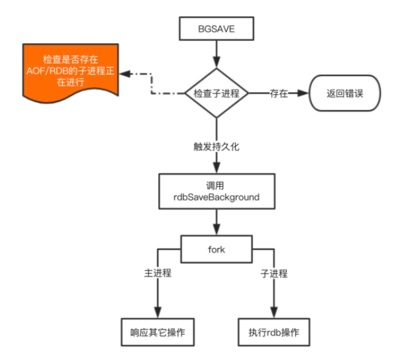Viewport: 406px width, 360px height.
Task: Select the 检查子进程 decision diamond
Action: click(x=216, y=93)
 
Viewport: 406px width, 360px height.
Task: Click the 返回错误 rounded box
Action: click(x=345, y=93)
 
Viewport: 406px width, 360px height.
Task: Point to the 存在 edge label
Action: click(x=278, y=93)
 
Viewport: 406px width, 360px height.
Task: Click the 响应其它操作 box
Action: click(x=158, y=332)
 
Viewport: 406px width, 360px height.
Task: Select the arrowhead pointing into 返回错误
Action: click(x=304, y=93)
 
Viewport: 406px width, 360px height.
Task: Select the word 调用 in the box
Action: click(x=216, y=185)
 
